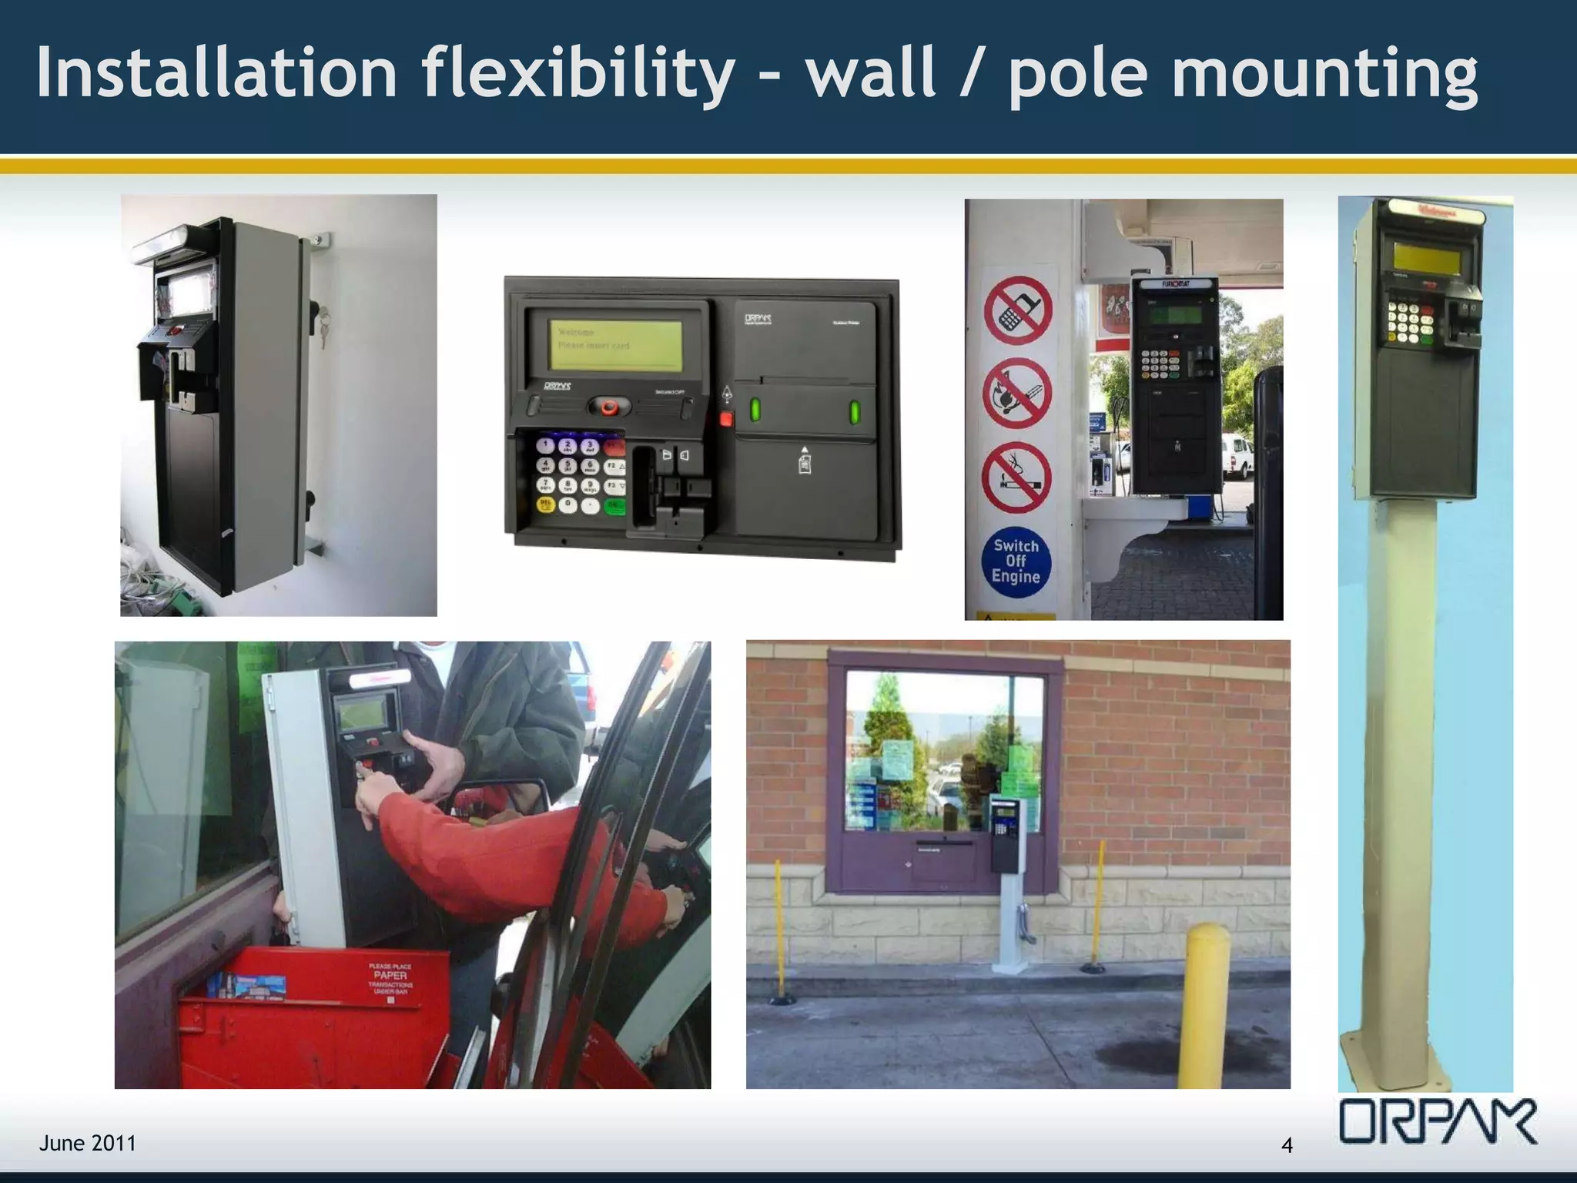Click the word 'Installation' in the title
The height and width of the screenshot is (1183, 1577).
216,72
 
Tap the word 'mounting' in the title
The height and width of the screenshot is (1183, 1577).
1324,74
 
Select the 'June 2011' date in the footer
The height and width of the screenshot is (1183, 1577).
88,1143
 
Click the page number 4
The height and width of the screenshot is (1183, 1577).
1287,1145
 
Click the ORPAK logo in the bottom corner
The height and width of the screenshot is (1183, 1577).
1438,1121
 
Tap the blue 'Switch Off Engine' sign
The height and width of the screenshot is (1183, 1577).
1016,561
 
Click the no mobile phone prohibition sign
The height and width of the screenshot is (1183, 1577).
1017,310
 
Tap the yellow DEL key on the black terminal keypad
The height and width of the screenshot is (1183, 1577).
545,504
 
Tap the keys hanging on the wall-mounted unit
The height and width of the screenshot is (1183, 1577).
324,323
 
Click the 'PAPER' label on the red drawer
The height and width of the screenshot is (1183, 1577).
390,975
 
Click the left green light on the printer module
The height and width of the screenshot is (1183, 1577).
755,410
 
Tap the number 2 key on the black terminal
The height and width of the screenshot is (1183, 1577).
568,445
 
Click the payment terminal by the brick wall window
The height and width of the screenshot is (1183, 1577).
1003,832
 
